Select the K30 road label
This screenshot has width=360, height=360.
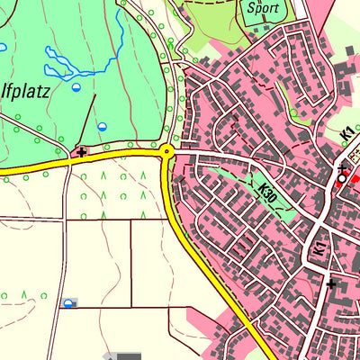[x=268, y=192]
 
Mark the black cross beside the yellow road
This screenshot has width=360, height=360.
[x=82, y=152]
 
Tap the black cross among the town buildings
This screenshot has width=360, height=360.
[x=331, y=284]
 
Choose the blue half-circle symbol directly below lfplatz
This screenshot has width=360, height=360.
[x=76, y=88]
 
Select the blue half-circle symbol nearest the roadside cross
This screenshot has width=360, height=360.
[x=103, y=127]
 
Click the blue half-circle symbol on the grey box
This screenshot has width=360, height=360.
[x=68, y=303]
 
